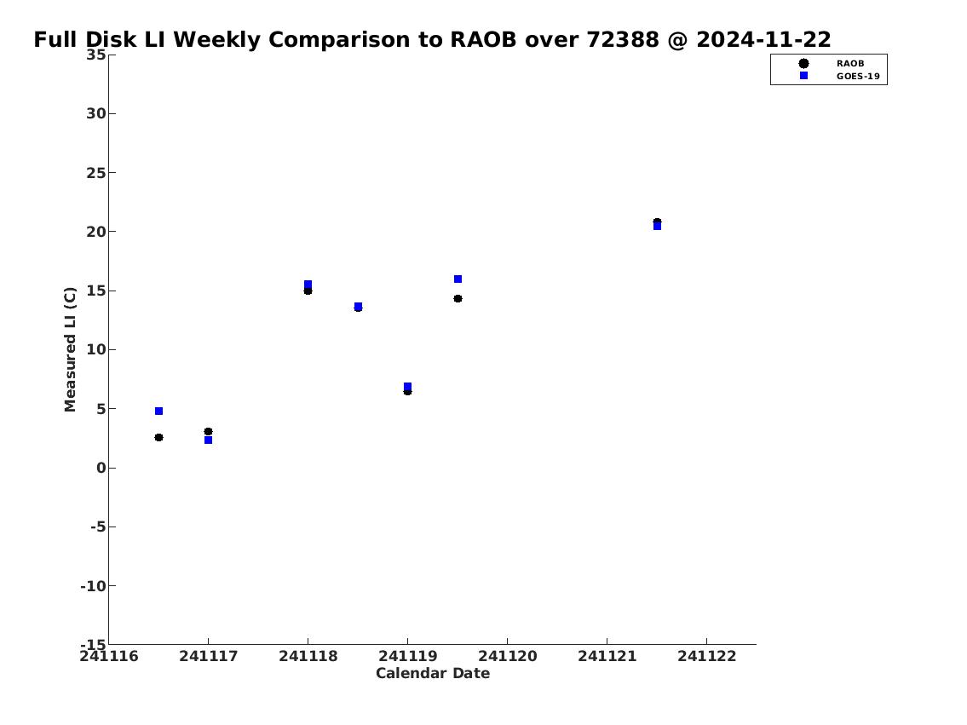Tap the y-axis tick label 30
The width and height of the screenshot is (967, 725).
(96, 113)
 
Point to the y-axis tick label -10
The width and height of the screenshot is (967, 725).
(93, 585)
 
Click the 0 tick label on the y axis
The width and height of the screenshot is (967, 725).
(101, 468)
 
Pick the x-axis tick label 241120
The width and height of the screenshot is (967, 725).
(508, 656)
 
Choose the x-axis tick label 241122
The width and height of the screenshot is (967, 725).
(707, 656)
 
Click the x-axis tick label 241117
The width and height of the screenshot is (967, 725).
(209, 656)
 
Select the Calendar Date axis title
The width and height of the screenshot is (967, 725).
(433, 673)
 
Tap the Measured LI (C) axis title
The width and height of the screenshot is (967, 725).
(71, 349)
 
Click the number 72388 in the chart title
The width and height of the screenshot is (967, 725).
(622, 40)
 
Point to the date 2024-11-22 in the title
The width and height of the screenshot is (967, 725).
(763, 40)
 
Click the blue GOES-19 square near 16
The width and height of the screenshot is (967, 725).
(458, 279)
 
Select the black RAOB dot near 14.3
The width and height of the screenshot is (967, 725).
(458, 299)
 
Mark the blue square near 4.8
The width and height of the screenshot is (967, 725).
(158, 411)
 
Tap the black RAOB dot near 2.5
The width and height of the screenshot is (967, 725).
(158, 438)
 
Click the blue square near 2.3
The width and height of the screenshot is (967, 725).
(209, 440)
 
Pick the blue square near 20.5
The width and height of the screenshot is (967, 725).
(658, 227)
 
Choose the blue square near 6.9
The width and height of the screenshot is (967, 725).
(407, 387)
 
